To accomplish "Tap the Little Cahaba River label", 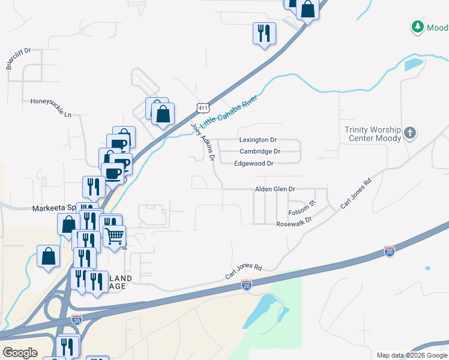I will tap(231, 111).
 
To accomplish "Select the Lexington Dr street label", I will tap(258, 140).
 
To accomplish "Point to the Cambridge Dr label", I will tap(260, 152).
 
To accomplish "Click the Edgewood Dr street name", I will tap(254, 163).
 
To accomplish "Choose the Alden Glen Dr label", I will tap(276, 189).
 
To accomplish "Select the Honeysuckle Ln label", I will tap(51, 101).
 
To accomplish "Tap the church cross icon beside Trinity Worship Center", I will tap(410, 133).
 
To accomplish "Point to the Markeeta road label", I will tap(54, 208).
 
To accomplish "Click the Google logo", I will tap(20, 352).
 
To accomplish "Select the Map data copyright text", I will tap(412, 355).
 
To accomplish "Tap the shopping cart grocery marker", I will tap(114, 235).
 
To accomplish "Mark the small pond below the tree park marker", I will tap(414, 64).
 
